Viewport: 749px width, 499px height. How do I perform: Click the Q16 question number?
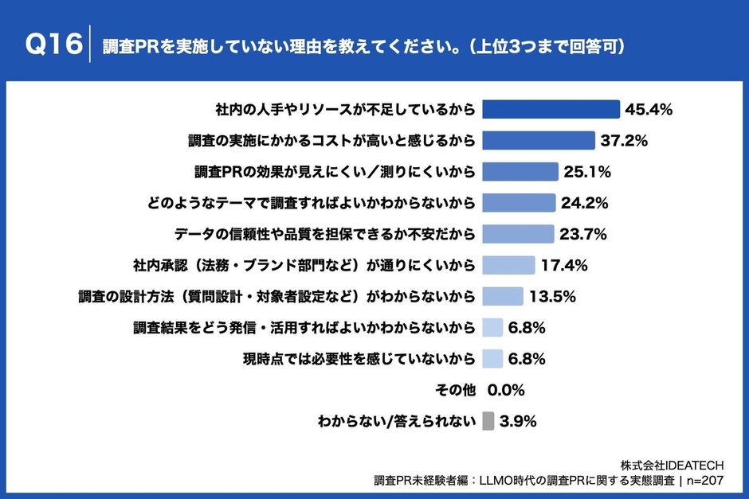pyautogui.click(x=53, y=45)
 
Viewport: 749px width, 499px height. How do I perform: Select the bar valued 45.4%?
pyautogui.click(x=551, y=109)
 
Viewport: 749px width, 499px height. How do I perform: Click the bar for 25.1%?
pyautogui.click(x=520, y=172)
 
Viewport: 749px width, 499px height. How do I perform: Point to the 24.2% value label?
pyautogui.click(x=586, y=203)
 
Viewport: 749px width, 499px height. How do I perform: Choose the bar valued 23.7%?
pyautogui.click(x=518, y=234)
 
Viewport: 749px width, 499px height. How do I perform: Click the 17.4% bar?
pyautogui.click(x=509, y=265)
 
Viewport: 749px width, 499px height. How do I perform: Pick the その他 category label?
pyautogui.click(x=456, y=390)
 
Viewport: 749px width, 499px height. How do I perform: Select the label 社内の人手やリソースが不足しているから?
pyautogui.click(x=345, y=109)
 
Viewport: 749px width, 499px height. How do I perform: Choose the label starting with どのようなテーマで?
pyautogui.click(x=311, y=203)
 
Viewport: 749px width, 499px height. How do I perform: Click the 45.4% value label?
pyautogui.click(x=649, y=109)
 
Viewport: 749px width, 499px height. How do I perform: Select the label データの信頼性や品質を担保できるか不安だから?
pyautogui.click(x=324, y=234)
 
